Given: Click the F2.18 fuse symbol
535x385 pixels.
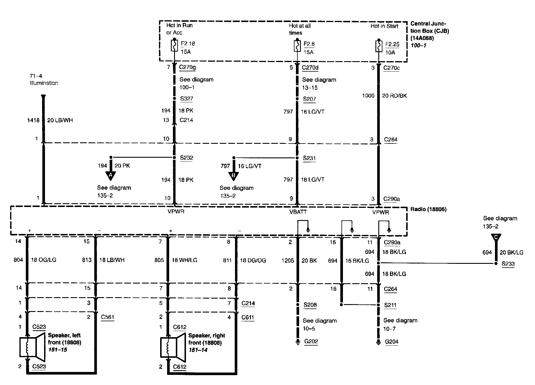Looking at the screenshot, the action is point(174,46).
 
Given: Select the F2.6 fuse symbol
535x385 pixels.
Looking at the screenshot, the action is point(297,46).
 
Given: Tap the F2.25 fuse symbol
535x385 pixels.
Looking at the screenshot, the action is point(379,46).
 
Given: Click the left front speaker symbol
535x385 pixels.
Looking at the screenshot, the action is point(32,347).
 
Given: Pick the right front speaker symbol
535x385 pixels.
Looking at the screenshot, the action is point(173,347).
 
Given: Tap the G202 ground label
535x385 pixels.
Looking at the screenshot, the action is point(311,341).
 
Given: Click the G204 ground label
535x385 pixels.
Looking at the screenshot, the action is point(392,342).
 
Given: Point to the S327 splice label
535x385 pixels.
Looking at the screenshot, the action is point(187,98).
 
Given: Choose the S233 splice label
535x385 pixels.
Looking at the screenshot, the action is point(508,264).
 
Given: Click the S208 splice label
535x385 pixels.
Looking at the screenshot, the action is point(310,305).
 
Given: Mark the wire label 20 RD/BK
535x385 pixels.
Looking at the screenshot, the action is point(394,96).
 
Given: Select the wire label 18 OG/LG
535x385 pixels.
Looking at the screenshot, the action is point(44,260).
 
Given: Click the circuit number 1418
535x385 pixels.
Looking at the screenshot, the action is point(33,120).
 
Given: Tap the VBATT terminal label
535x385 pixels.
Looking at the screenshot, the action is point(298,212).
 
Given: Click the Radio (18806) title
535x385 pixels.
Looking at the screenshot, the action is point(428,209).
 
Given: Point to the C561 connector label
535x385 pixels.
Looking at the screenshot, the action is point(108,317).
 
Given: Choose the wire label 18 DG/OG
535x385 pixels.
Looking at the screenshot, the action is point(253,260).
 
